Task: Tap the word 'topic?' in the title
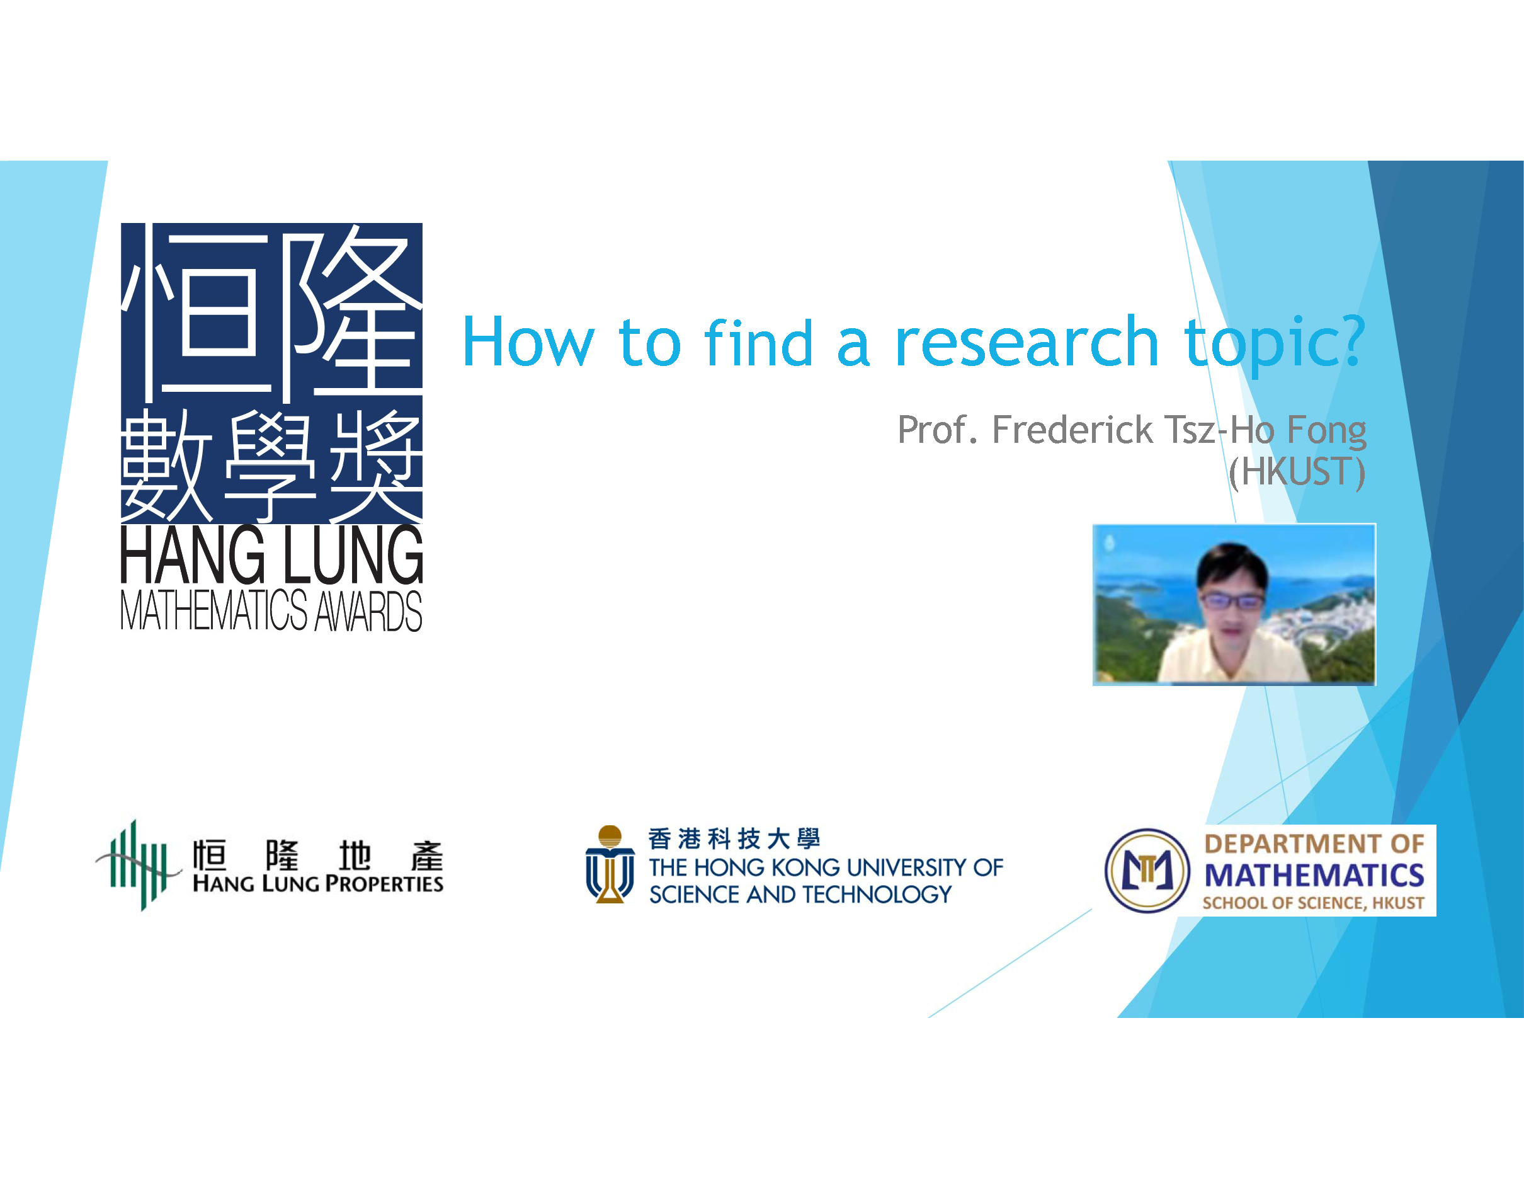tap(1274, 346)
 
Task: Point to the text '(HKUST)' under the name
tap(1297, 472)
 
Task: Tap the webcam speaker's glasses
tap(1231, 600)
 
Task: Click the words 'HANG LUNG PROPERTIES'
tap(317, 883)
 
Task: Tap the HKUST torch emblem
tap(610, 864)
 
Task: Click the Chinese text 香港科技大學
tap(734, 838)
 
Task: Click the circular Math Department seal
tap(1147, 870)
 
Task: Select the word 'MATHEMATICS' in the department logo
tap(1314, 875)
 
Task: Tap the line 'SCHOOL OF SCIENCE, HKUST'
tap(1313, 903)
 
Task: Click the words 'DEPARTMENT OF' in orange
tap(1314, 843)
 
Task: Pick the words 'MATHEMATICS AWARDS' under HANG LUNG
tap(271, 610)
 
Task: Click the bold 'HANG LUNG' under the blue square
tap(271, 555)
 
